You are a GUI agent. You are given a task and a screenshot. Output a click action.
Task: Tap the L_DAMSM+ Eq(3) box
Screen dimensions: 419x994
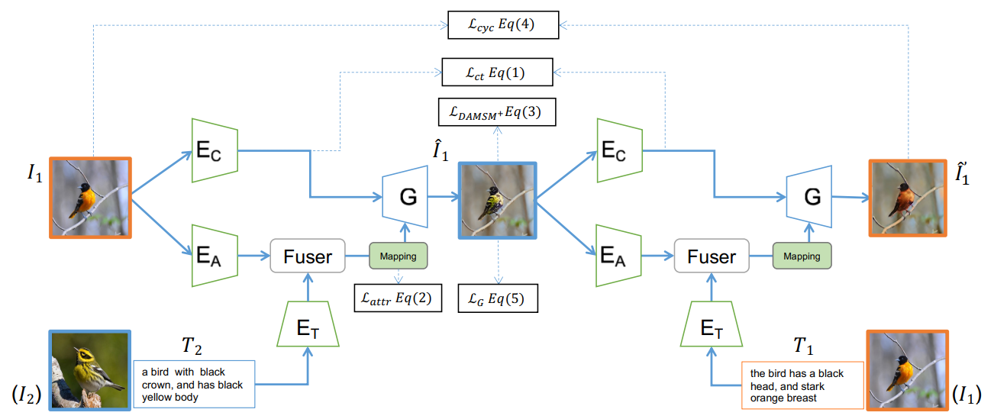click(497, 112)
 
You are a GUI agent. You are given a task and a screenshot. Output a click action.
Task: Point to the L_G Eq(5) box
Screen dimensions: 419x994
click(497, 298)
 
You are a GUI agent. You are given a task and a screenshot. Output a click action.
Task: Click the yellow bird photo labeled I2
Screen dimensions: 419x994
click(89, 369)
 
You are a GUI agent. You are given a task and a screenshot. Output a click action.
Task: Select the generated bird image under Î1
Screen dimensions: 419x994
click(497, 201)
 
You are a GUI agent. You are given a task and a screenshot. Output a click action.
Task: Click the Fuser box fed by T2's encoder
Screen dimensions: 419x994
click(308, 256)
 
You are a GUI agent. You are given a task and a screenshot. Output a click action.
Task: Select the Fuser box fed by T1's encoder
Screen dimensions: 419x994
click(712, 256)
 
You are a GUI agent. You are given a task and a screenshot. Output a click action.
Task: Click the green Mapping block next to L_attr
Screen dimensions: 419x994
click(398, 256)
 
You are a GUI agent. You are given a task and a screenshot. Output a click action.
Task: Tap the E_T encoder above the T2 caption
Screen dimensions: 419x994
click(308, 324)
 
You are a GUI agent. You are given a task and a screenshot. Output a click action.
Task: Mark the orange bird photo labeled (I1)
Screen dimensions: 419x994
click(907, 369)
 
